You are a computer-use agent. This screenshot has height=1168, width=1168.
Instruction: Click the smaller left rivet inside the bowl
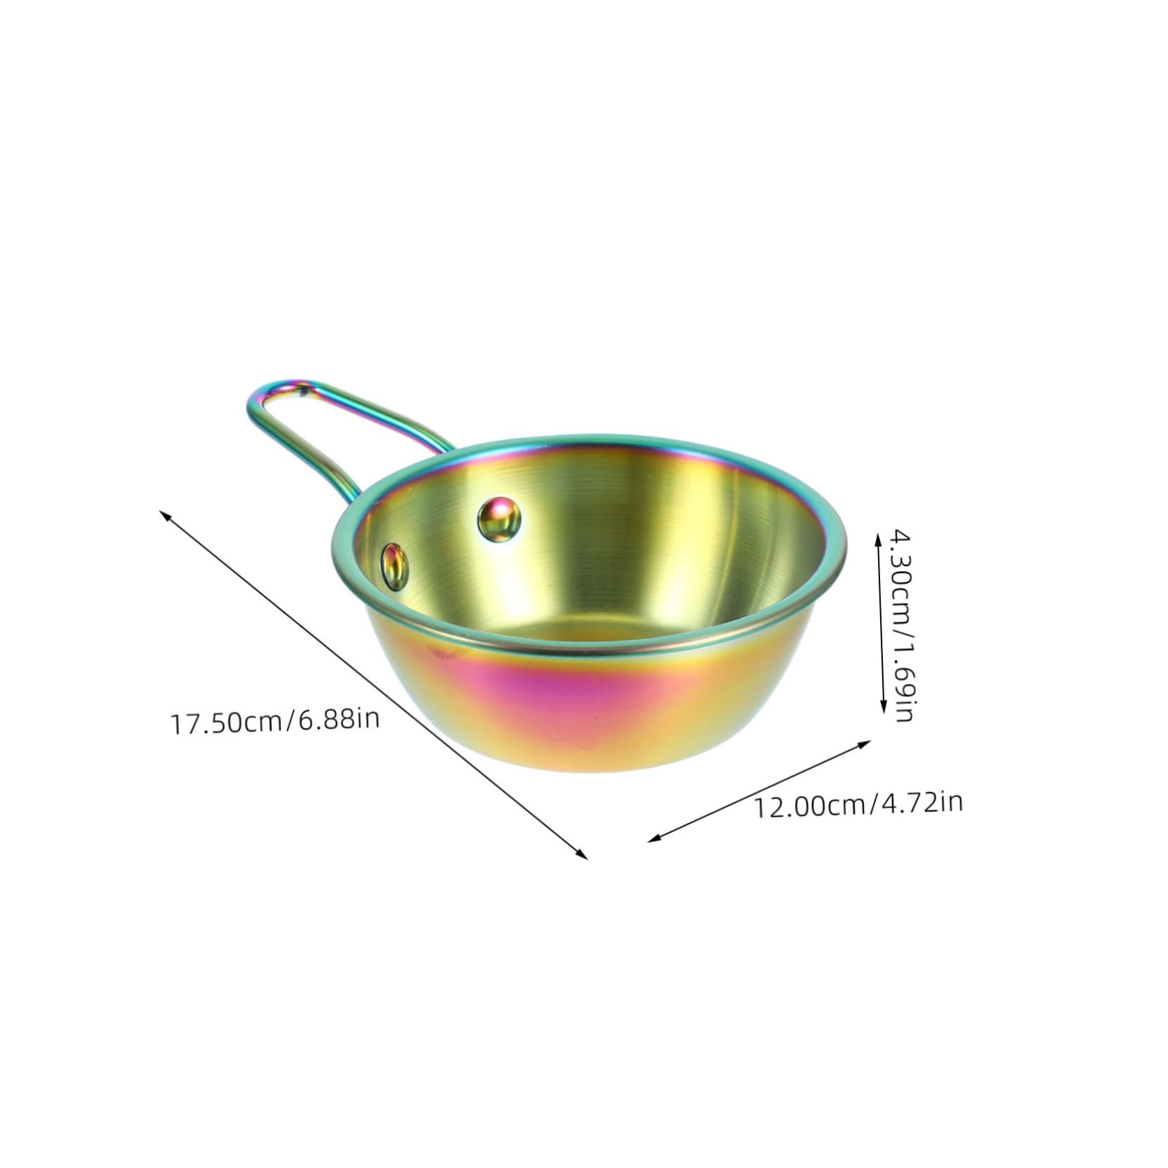click(395, 546)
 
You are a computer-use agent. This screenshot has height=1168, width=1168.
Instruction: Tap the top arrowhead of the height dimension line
click(878, 536)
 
